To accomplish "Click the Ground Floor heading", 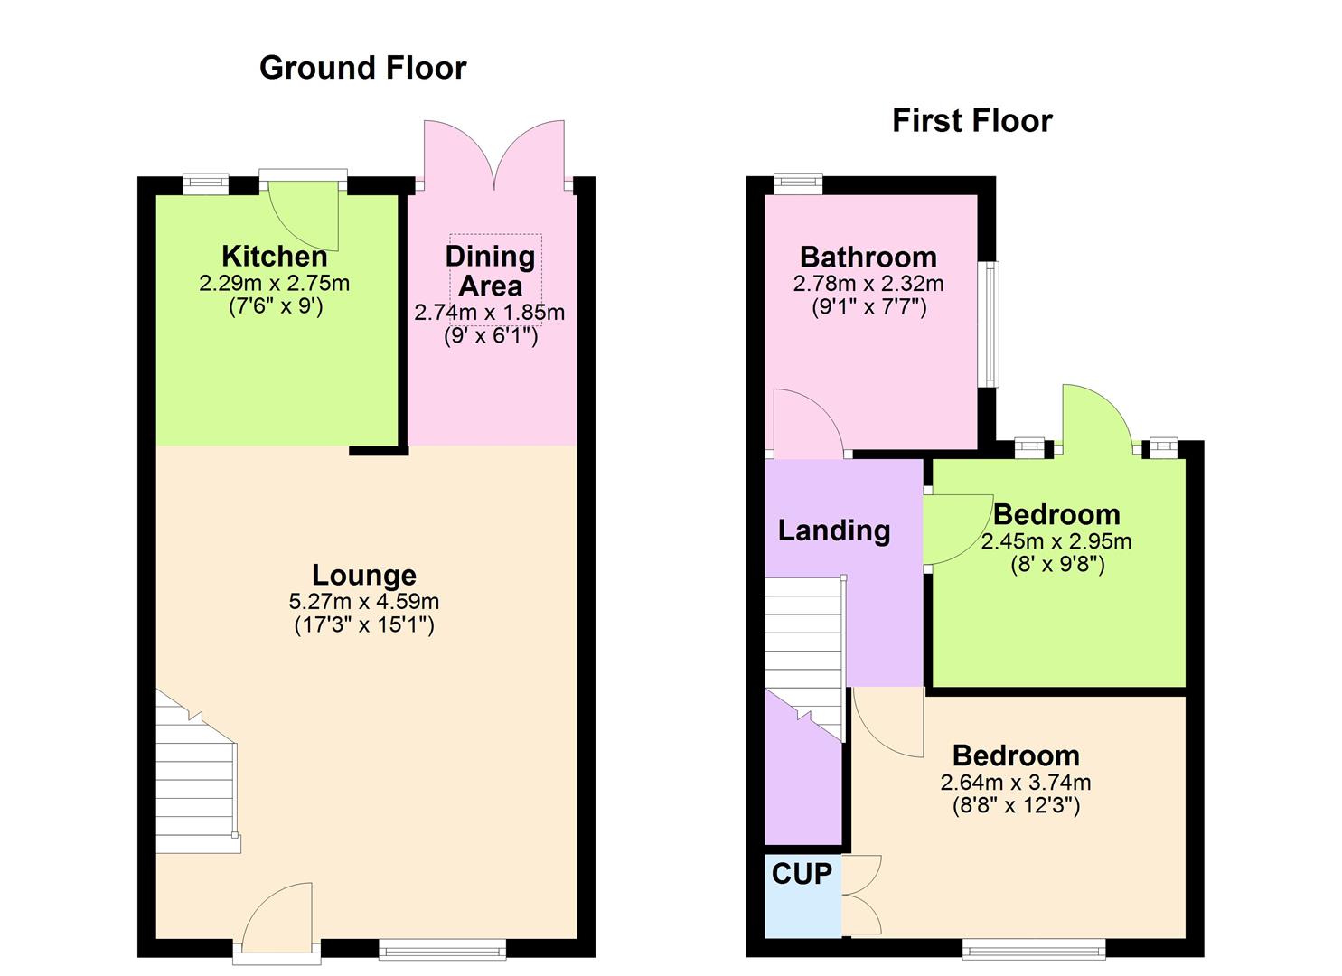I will (362, 68).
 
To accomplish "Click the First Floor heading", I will (971, 121).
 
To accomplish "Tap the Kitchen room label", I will (274, 256).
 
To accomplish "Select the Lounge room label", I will (364, 575).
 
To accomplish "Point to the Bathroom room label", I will (868, 257).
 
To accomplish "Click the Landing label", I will (833, 530).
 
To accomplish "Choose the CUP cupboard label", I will (802, 874).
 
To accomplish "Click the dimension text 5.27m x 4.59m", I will (364, 601).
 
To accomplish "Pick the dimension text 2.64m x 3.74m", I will (1016, 783).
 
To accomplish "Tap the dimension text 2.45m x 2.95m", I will (1056, 541).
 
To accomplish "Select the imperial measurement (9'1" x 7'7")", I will (868, 306).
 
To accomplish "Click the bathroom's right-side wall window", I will (991, 324).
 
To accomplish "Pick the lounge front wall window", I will (442, 948).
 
